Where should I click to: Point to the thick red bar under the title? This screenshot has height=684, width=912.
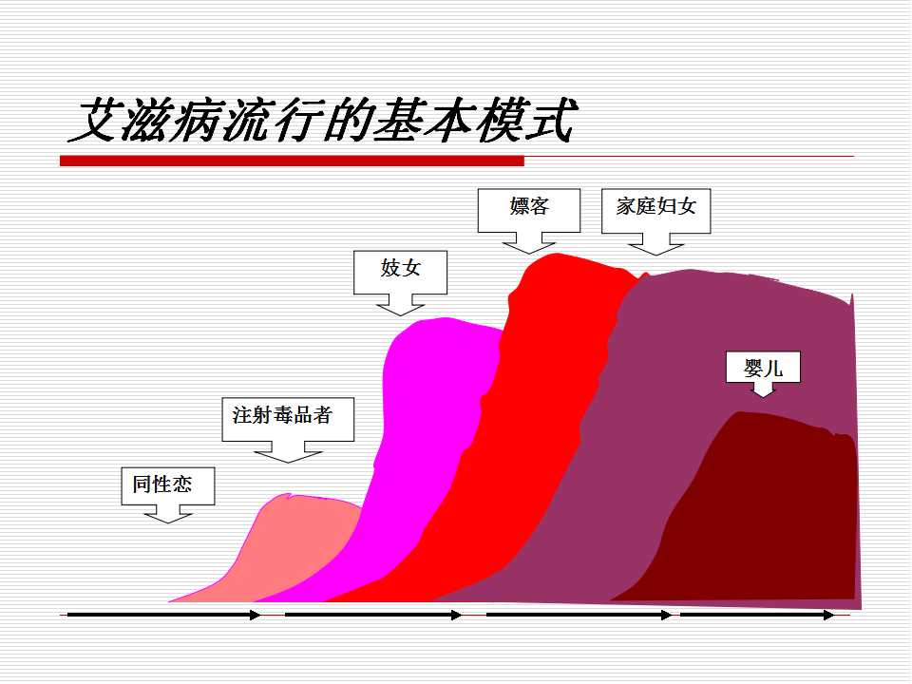(x=292, y=161)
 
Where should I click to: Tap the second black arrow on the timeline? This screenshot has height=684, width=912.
(x=373, y=615)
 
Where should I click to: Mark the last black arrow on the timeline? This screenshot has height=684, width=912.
(x=757, y=615)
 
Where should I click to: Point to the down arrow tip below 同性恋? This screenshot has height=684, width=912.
(x=168, y=522)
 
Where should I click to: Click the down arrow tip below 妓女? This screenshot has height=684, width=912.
(x=400, y=315)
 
